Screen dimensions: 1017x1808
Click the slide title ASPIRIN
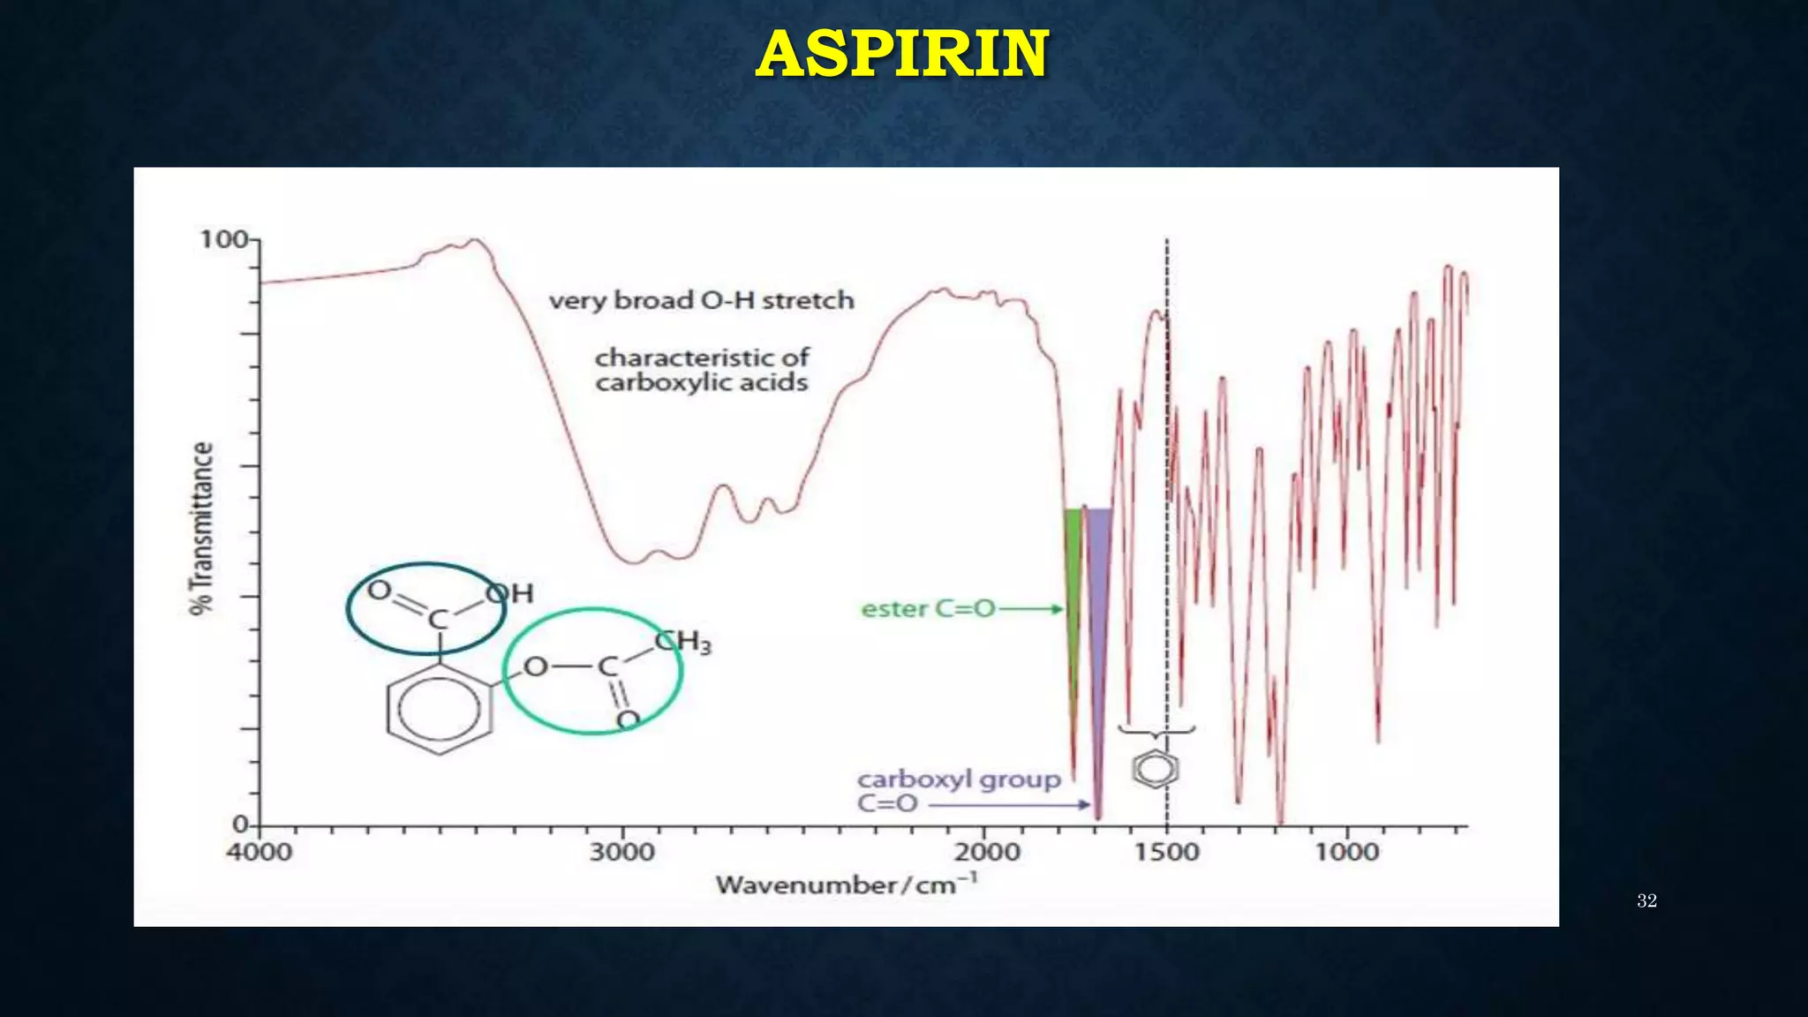[x=902, y=54]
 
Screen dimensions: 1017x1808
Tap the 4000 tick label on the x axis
[x=260, y=853]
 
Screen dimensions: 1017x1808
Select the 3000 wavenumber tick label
[x=622, y=853]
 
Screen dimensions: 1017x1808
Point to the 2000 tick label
[x=987, y=853]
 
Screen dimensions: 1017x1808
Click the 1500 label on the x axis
[x=1167, y=853]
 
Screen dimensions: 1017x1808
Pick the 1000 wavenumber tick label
[x=1347, y=853]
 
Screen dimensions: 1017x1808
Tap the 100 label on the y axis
[x=223, y=239]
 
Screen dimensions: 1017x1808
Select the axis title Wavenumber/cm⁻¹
[x=846, y=884]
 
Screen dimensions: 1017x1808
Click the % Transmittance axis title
[x=202, y=528]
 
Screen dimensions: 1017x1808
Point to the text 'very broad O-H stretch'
[x=702, y=301]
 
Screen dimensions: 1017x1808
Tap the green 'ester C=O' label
[x=928, y=609]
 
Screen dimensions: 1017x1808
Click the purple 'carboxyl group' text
[x=959, y=780]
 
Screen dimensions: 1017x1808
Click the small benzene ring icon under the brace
[x=1156, y=769]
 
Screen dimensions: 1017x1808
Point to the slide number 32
[x=1646, y=900]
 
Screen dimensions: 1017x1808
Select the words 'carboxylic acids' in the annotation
[x=702, y=383]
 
